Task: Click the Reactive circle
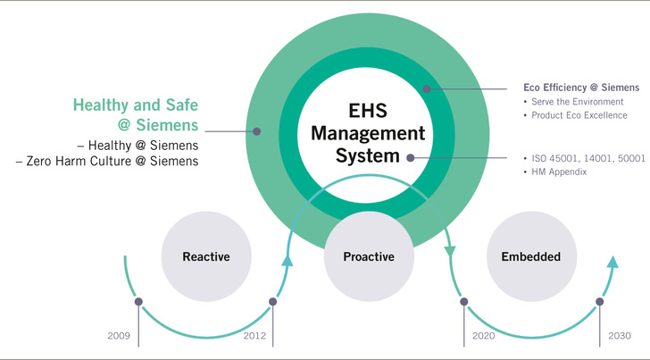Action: pos(205,256)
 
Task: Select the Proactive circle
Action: pos(369,256)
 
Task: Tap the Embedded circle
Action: pos(530,256)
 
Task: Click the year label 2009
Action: pos(118,336)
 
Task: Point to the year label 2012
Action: pos(255,336)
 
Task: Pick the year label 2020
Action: pos(483,336)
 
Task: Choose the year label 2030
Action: pos(621,336)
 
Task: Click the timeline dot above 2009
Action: pos(138,302)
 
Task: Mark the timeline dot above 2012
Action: pos(273,302)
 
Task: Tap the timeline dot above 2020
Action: pos(464,302)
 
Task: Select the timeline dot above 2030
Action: pos(600,302)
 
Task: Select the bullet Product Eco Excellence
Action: pos(583,115)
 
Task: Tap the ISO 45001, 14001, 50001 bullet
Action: pos(583,157)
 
